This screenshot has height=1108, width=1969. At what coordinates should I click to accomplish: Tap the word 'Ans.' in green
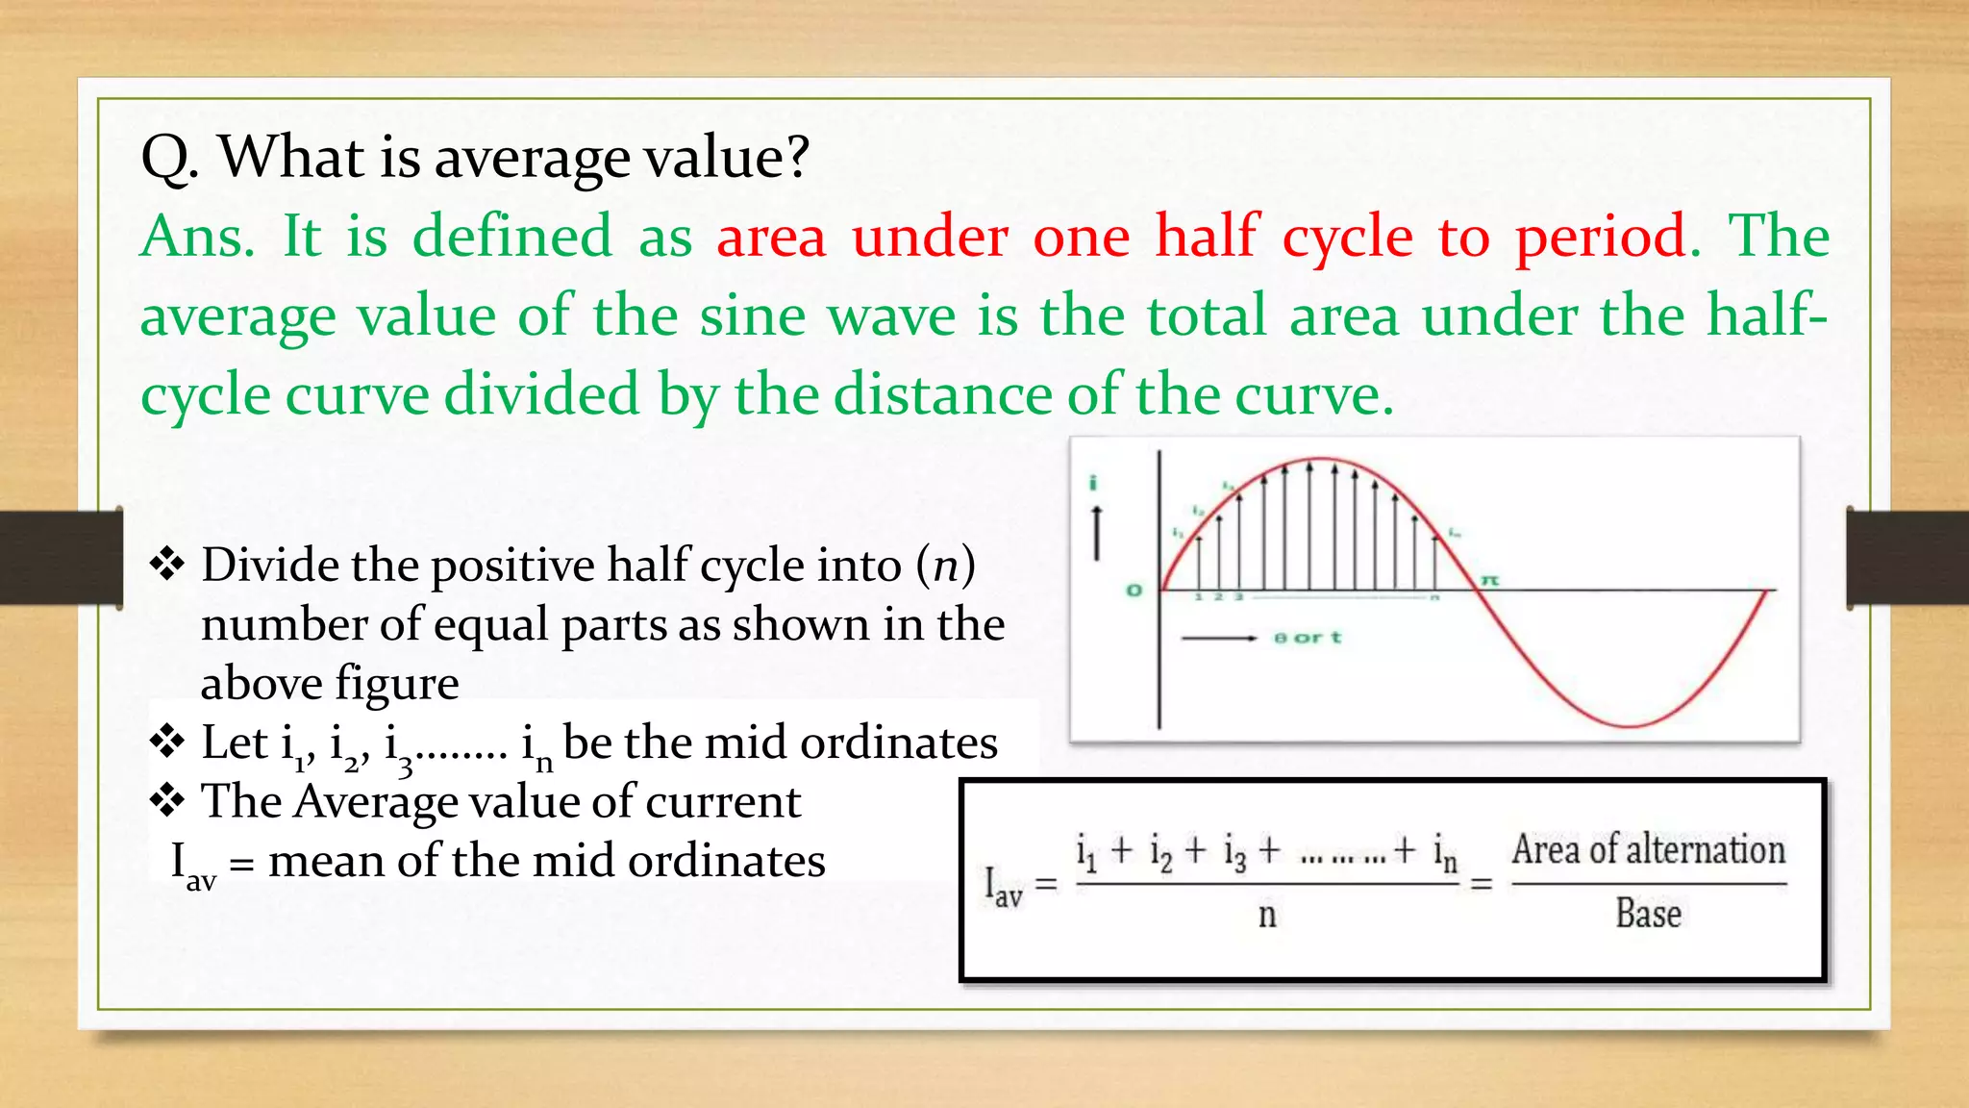197,237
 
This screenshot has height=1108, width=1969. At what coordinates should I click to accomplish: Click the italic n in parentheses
946,565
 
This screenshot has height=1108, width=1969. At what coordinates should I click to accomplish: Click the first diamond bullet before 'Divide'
167,564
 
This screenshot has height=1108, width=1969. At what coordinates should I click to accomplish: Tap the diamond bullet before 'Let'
167,743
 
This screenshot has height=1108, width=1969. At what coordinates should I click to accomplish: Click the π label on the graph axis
1489,580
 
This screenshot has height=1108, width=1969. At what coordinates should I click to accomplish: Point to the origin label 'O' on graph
1134,590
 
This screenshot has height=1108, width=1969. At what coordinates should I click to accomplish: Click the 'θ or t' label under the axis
1307,638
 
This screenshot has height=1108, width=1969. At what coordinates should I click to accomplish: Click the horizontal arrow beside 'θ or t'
1218,638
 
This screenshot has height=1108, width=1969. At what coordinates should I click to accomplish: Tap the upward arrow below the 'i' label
1096,532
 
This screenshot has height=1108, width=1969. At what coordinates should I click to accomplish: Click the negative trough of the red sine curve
1629,723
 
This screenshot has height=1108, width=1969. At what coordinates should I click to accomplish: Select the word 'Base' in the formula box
1648,914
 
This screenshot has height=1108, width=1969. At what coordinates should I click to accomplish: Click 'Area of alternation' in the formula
1648,850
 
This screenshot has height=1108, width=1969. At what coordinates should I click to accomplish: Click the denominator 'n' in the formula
1267,915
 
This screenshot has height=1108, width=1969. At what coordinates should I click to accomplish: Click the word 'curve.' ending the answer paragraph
1313,395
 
